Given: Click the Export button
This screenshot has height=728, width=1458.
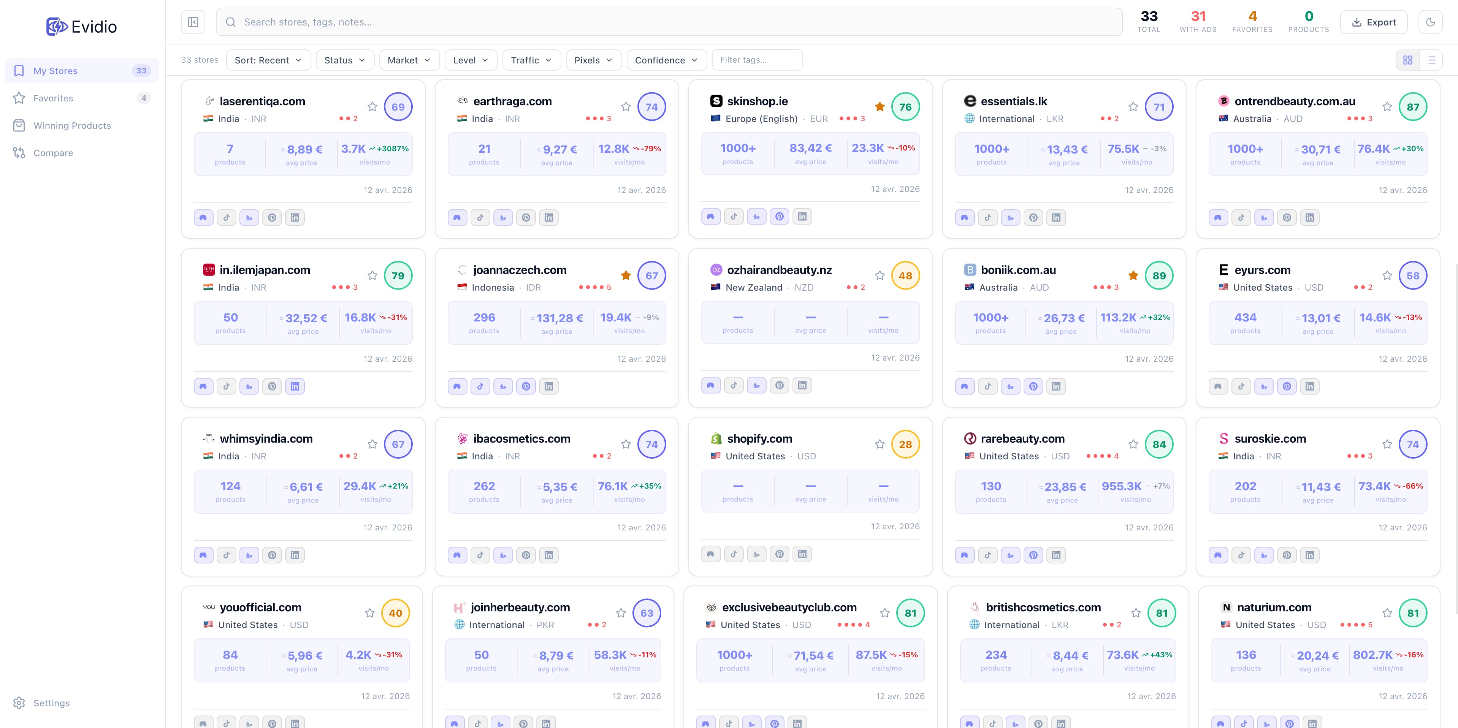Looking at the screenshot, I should [1373, 22].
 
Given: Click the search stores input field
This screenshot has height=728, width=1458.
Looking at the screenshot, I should [668, 22].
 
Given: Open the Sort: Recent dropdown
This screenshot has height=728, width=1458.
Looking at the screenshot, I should [268, 60].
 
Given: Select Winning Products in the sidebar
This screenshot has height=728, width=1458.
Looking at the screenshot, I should [72, 125].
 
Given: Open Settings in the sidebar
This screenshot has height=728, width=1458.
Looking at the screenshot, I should [51, 703].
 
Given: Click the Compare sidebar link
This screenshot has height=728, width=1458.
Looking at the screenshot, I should [52, 153].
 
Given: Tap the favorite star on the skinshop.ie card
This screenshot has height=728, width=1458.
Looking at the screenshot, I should [880, 106].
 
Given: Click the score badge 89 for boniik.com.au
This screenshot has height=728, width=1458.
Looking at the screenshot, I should [1158, 275].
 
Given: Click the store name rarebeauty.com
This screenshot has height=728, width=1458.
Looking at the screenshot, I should [1022, 438].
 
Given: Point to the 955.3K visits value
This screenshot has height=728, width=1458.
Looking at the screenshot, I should [1121, 486].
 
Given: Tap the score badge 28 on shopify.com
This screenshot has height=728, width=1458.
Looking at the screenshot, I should [905, 444].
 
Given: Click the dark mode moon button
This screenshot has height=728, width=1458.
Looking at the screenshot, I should [1430, 22].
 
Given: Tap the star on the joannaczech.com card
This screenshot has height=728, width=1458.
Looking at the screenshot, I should [625, 275].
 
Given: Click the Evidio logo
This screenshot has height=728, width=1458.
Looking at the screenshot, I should [81, 27].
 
